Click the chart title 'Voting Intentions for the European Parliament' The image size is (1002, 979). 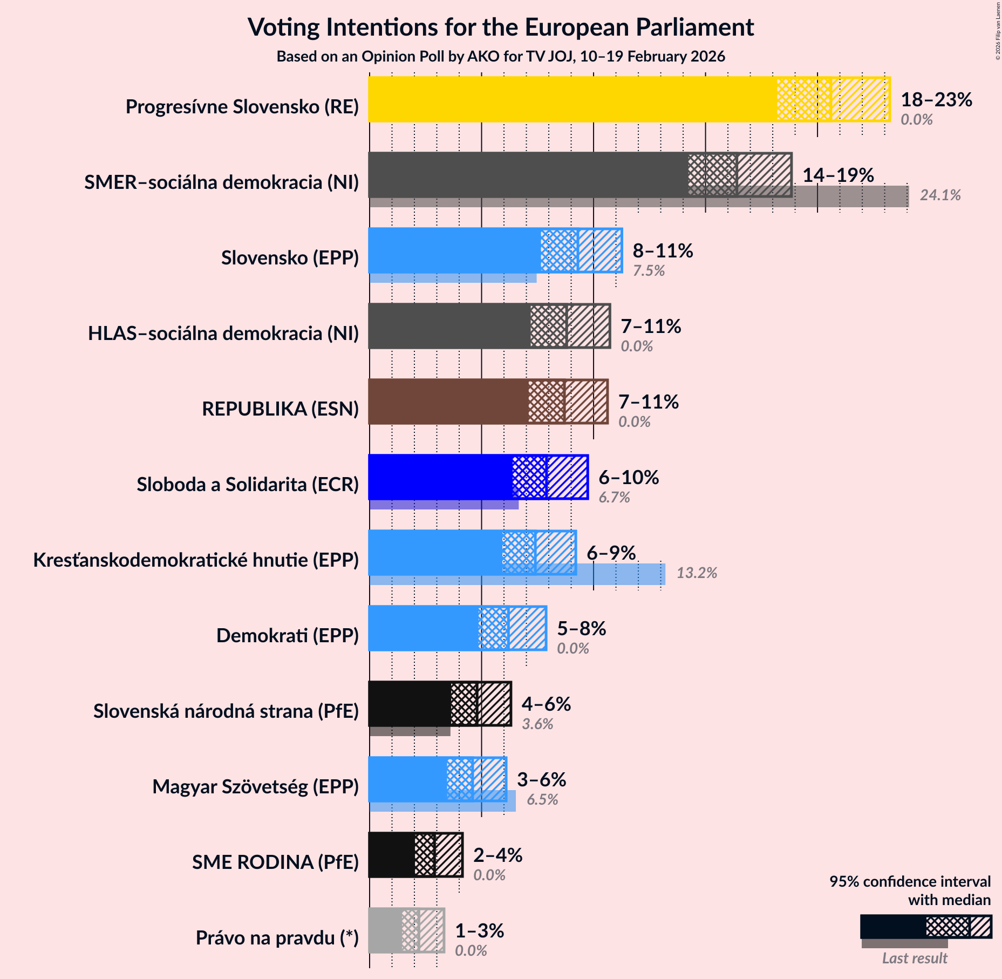500,27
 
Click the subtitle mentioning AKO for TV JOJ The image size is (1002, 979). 500,57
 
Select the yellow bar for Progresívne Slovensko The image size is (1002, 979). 572,99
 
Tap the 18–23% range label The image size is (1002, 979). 936,99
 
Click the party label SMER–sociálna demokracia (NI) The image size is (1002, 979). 221,182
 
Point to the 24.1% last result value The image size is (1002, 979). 940,195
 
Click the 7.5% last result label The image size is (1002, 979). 649,270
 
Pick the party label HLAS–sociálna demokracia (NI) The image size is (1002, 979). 223,334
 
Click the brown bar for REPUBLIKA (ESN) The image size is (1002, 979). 448,402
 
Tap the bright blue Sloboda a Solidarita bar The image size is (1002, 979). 440,477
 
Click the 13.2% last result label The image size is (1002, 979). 697,573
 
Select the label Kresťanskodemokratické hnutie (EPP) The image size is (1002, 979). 196,560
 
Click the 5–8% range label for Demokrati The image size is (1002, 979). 581,628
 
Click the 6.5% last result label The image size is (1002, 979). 542,799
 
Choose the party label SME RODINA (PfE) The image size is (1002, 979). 275,862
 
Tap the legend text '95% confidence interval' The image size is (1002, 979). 910,882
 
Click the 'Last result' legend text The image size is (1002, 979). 915,958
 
